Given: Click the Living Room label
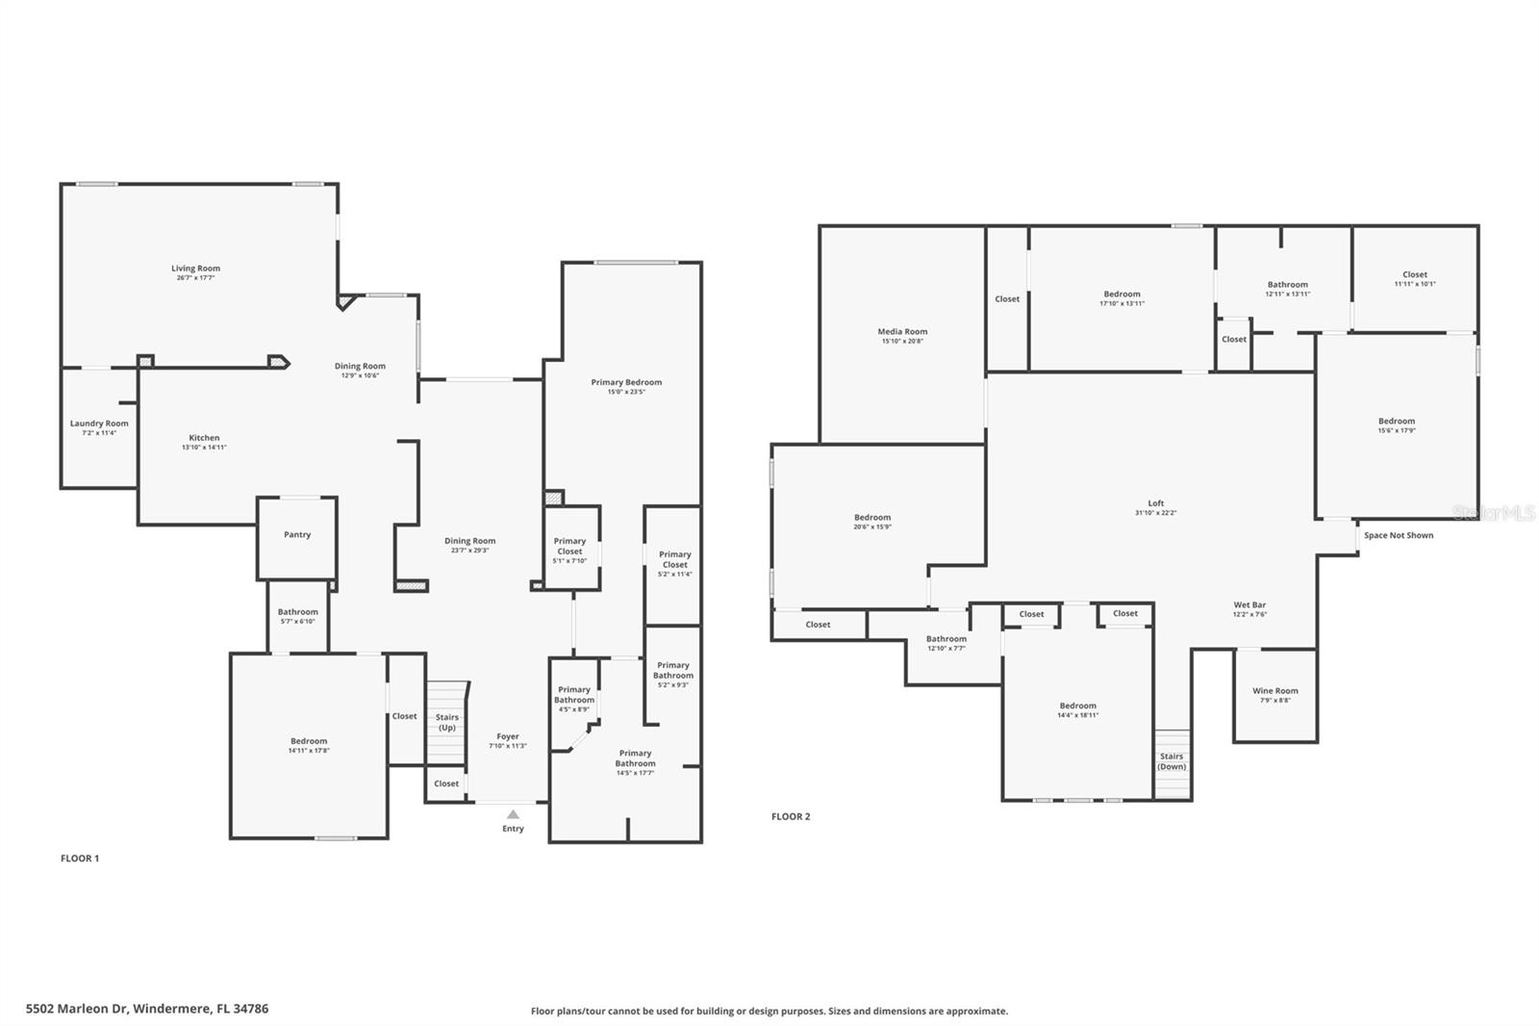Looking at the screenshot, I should pos(195,269).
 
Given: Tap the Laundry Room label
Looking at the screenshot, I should pos(99,423).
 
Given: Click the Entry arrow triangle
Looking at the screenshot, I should pos(513,814).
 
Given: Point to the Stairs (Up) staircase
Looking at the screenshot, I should pos(446,722).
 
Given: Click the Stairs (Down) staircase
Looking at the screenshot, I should pos(1172,763).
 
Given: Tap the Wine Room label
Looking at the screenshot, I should pos(1274,691).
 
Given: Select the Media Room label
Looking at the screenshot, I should pos(902,331).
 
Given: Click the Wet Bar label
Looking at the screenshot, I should pos(1249,605).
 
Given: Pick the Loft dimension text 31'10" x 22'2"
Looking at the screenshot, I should pos(1155,513).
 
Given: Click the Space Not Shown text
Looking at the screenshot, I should pos(1398,535).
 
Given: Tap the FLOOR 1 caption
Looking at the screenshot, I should pos(80,859).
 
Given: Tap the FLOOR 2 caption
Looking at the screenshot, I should pos(791,816).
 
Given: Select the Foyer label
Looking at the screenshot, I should pos(508,736).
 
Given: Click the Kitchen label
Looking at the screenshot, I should pos(204,438).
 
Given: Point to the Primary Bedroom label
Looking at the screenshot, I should pos(626,382).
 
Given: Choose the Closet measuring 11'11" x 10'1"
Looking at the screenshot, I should pos(1414,279).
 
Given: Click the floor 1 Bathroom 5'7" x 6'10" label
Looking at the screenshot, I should pos(297,612).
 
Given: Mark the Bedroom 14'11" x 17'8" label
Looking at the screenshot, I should pos(309,741).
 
